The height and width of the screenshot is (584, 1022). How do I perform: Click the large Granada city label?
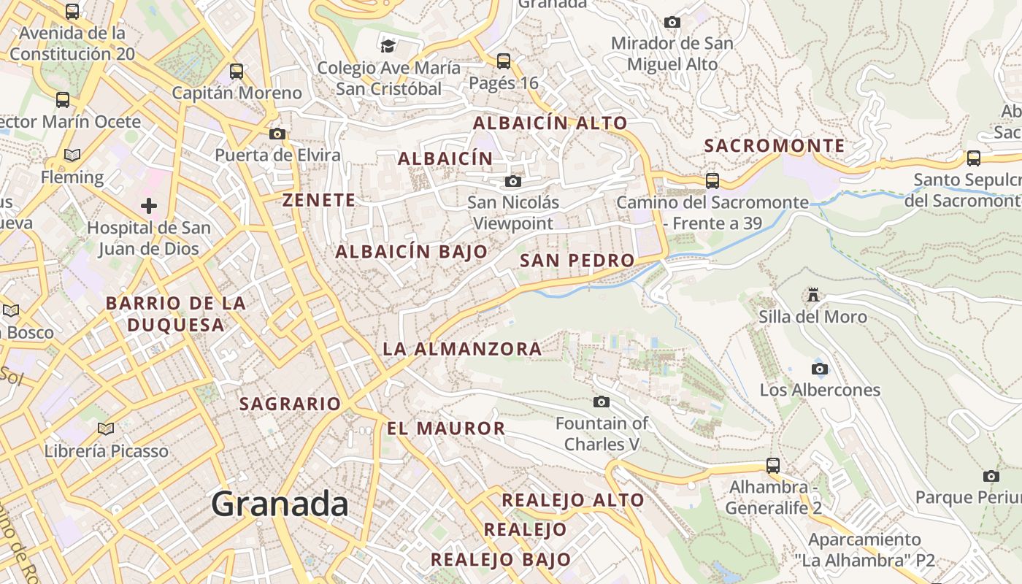point(280,504)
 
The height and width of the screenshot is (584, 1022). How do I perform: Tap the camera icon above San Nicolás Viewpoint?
point(513,181)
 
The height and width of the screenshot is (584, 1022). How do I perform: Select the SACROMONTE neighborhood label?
point(774,146)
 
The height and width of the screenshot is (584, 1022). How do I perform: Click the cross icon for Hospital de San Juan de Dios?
point(149,206)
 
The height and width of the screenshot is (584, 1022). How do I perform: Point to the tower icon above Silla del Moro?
point(812,295)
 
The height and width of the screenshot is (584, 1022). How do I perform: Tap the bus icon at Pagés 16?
point(504,61)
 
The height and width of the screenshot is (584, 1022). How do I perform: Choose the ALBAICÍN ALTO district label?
point(550,123)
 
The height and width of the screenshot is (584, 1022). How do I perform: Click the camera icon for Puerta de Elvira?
point(277,134)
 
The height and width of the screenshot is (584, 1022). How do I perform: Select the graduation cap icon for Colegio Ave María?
point(388,47)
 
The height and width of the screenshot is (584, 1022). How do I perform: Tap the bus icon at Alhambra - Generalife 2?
point(772,465)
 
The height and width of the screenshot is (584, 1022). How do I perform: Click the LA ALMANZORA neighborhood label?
point(462,349)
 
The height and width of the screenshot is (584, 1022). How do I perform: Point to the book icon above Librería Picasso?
point(106,429)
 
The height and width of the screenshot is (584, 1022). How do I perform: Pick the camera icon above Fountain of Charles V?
point(602,401)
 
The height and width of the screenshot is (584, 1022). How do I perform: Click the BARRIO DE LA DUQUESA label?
point(175,314)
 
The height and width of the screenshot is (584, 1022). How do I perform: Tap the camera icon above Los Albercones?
point(820,369)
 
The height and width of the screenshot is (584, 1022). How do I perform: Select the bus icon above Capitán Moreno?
point(237,72)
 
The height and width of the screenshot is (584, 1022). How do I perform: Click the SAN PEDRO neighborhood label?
point(577,261)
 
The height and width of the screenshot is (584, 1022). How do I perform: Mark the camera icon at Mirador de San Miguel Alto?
point(672,23)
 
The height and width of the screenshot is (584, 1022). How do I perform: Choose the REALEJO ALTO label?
point(572,500)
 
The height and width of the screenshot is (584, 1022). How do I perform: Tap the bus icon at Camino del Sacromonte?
point(712,180)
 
